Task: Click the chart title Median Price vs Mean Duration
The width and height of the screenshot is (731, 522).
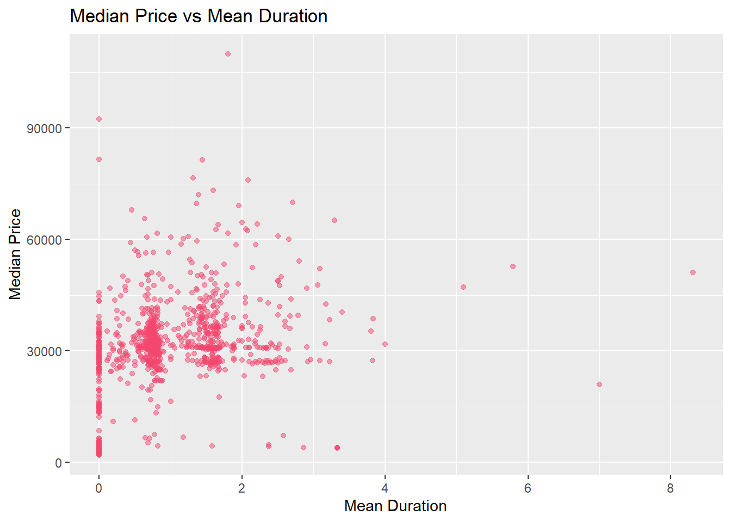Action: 199,16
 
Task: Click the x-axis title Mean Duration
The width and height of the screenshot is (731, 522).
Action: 395,506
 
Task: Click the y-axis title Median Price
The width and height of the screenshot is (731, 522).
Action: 15,254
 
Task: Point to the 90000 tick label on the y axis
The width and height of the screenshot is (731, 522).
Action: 45,128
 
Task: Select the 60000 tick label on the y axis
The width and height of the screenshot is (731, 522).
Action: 45,240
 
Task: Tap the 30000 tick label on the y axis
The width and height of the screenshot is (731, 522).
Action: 45,351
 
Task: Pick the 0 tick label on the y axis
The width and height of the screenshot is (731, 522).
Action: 59,463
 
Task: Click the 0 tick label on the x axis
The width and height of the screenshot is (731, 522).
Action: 98,488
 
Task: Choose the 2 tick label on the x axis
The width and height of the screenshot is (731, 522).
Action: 241,488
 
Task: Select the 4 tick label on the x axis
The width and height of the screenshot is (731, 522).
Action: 385,488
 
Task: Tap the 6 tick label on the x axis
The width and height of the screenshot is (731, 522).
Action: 528,488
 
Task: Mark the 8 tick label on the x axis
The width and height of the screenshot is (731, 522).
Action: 670,488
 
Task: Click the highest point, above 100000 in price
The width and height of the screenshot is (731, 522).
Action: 228,54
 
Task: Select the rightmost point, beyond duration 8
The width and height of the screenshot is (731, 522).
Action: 693,272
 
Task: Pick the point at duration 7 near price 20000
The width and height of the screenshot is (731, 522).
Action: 599,384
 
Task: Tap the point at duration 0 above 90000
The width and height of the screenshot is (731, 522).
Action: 99,119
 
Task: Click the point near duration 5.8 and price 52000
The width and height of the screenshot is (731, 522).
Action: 513,266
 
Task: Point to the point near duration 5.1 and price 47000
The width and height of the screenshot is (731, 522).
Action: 463,287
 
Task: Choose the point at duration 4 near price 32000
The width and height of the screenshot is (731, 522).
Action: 385,344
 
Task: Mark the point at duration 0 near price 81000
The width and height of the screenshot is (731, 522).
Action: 99,159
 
